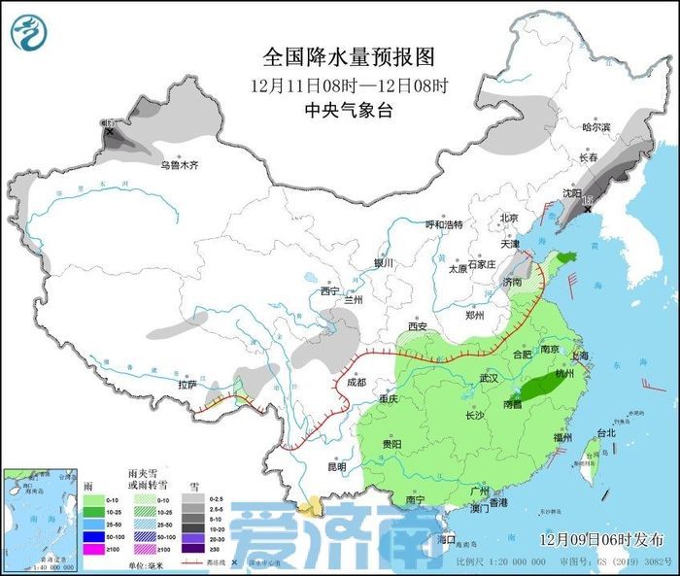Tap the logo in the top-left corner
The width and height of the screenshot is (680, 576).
(28, 32)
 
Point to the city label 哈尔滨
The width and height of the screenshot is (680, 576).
(595, 127)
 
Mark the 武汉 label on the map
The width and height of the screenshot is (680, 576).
(488, 378)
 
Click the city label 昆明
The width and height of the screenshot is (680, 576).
(336, 466)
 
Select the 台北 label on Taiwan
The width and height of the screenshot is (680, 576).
(605, 433)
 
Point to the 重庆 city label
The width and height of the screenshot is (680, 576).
(389, 399)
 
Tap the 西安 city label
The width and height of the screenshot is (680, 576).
(418, 326)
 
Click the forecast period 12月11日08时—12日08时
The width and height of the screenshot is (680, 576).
(349, 85)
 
